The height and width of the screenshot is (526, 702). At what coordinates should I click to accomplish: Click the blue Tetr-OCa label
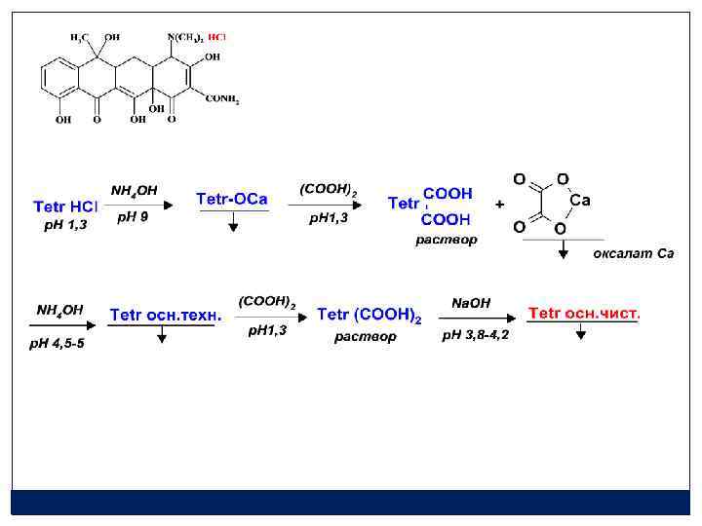232,199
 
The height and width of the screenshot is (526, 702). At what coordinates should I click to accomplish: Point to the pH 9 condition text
133,217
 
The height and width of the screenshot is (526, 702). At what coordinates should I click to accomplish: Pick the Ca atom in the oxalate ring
579,201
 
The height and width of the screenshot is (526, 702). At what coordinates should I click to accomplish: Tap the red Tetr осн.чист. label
584,313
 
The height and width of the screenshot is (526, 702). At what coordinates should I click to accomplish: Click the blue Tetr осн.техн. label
166,315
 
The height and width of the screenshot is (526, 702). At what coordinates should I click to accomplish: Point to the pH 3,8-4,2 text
476,335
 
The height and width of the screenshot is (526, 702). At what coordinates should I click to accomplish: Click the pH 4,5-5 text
60,343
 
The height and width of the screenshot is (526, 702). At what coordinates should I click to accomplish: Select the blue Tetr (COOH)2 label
370,315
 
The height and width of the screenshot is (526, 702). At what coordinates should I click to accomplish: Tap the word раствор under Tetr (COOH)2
366,337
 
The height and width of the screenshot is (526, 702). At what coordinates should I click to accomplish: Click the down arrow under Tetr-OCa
233,225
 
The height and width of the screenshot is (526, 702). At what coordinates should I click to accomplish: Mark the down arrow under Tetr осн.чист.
582,333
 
